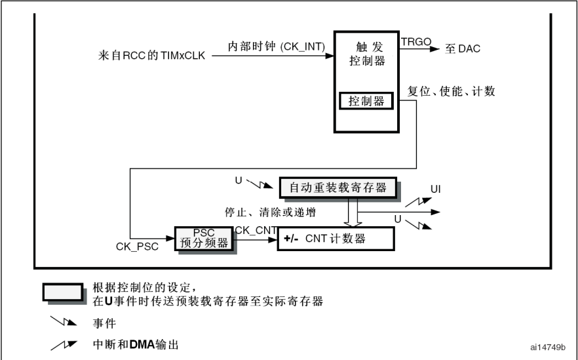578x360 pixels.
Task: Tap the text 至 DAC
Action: click(463, 49)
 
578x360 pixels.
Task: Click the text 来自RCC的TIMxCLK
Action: click(151, 56)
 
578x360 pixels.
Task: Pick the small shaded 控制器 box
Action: click(366, 101)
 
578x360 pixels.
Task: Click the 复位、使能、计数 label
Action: click(451, 92)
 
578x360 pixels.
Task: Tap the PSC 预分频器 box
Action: click(204, 239)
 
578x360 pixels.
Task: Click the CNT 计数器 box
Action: click(336, 239)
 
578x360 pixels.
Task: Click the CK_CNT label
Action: click(255, 230)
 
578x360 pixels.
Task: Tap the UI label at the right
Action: click(436, 190)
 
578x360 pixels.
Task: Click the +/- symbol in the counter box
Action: click(292, 239)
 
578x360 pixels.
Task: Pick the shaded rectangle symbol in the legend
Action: click(63, 292)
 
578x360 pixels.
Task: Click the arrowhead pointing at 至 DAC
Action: click(435, 49)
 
